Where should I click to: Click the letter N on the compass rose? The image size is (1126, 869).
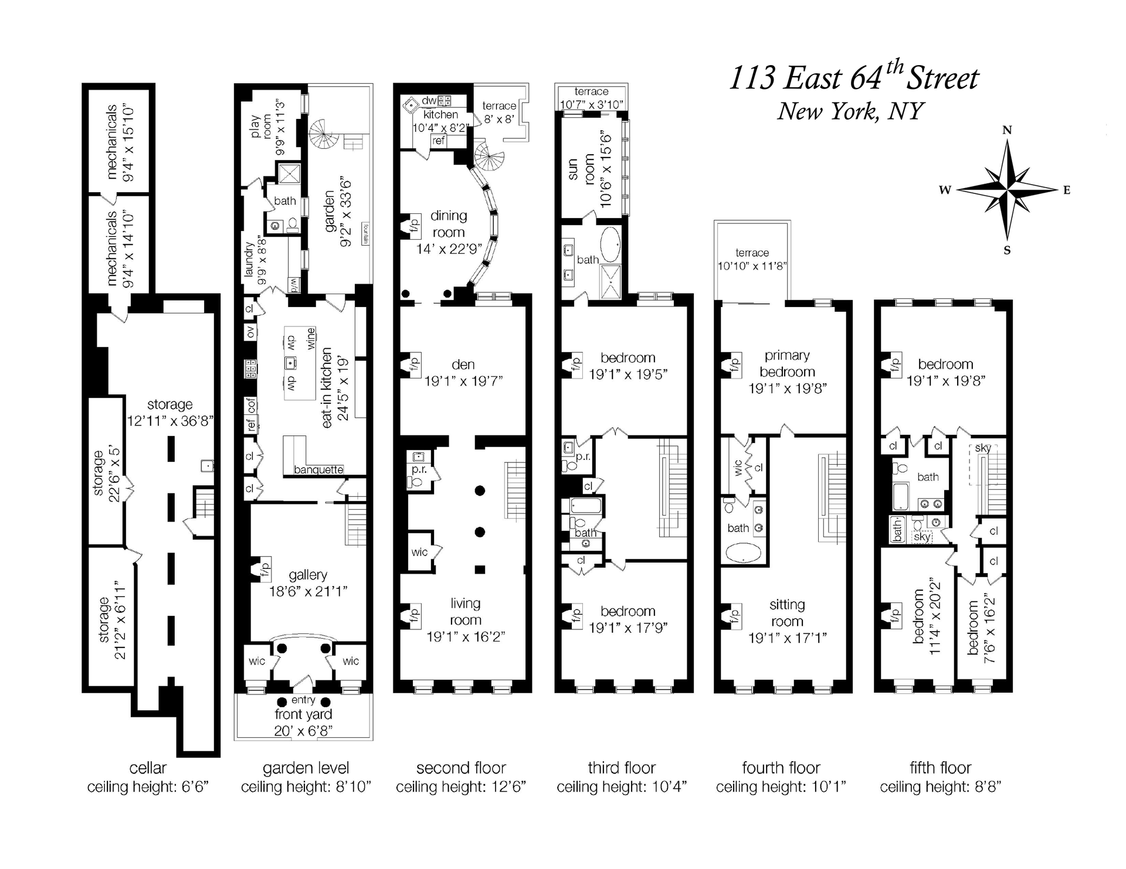(x=1007, y=130)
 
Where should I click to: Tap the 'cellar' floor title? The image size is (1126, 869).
(x=148, y=768)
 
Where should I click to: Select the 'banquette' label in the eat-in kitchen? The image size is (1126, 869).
(x=318, y=469)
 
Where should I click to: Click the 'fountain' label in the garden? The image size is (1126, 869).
(x=364, y=234)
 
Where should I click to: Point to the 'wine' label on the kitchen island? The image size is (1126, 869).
(x=310, y=339)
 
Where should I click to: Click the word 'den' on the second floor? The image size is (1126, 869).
(x=463, y=364)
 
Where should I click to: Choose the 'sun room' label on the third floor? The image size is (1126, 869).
(x=581, y=169)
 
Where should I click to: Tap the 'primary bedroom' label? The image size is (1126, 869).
(x=787, y=363)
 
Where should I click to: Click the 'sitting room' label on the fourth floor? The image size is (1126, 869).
(x=787, y=612)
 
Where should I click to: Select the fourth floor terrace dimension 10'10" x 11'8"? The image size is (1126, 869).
(x=752, y=265)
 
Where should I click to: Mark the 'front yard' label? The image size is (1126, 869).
(x=303, y=714)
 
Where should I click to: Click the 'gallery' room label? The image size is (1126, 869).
(x=308, y=575)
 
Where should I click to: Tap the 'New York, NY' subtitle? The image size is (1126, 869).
(x=850, y=111)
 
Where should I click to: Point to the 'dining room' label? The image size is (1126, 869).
(x=449, y=224)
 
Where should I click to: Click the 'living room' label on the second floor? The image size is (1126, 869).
(x=466, y=612)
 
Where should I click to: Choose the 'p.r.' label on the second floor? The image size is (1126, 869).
(x=419, y=469)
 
